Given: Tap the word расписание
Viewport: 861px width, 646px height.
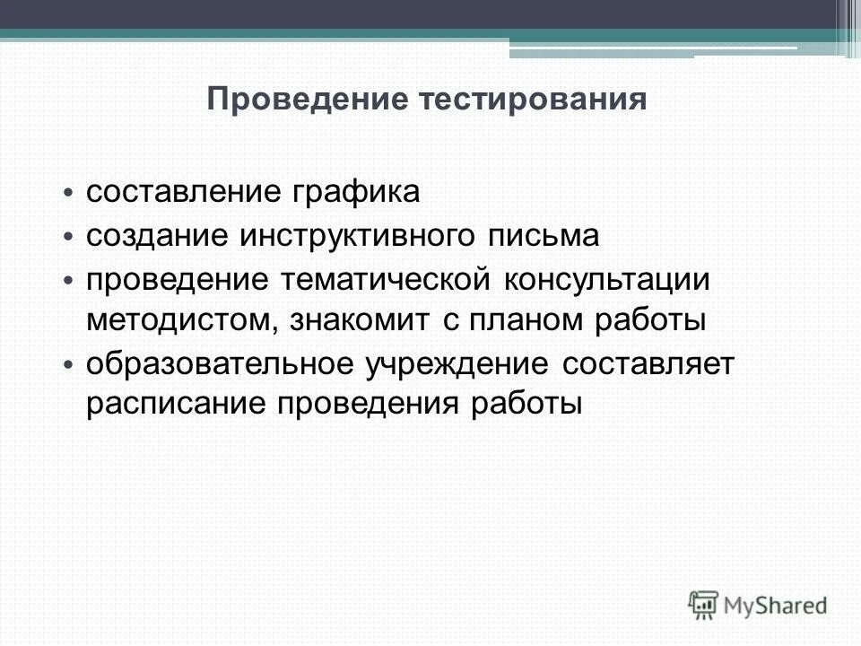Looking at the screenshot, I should (174, 406).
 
